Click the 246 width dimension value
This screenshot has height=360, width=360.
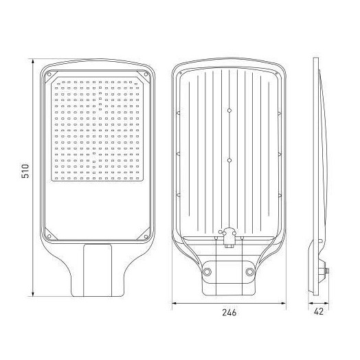pos(229,313)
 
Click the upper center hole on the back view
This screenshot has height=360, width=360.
pos(229,110)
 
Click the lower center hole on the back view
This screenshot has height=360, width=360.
pos(229,159)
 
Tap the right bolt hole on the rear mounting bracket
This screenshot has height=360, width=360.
pos(250,272)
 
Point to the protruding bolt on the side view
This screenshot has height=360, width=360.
pos(327,272)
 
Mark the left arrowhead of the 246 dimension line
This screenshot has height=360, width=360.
pos(173,302)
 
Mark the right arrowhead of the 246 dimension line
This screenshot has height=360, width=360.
pos(285,302)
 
